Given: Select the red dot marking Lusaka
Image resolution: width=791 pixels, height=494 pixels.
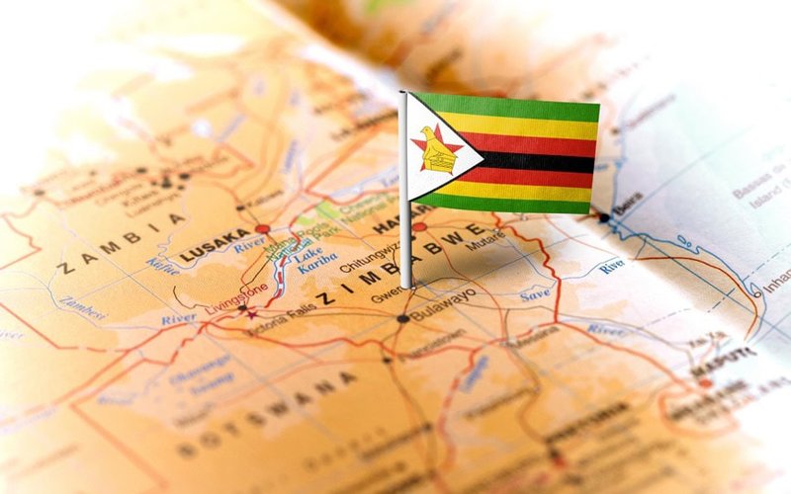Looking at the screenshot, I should tap(262, 229).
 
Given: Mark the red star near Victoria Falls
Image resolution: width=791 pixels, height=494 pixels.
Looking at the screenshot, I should tap(252, 314).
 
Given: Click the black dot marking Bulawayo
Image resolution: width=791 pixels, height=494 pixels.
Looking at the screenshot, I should tap(402, 318).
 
